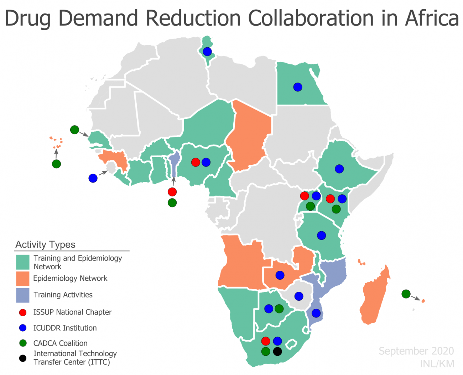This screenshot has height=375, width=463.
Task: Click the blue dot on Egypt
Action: coord(298,87)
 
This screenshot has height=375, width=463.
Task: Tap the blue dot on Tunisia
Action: coord(207,52)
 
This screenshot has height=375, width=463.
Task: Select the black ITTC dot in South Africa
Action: coord(277,352)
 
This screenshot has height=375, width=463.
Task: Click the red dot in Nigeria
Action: coord(196,162)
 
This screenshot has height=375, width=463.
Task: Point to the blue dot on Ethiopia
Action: coord(339,169)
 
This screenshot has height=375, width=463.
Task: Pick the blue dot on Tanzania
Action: coord(321,235)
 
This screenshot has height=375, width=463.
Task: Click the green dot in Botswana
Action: coord(279,308)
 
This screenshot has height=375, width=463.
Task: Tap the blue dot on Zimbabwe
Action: coord(299,296)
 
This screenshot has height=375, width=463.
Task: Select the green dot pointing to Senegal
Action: coord(74,130)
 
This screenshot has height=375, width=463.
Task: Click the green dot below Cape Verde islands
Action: coord(56,164)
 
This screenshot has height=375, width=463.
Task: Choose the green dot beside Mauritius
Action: coord(406,294)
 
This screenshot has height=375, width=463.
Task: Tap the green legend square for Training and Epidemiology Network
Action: coord(23,262)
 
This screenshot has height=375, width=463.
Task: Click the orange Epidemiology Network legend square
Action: coord(23,279)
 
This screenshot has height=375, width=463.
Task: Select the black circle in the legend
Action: coord(23,358)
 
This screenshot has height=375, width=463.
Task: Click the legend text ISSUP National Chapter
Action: coord(72,312)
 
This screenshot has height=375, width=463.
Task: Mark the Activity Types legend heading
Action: coord(45,244)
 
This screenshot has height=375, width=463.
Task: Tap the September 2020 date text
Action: coord(416,351)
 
